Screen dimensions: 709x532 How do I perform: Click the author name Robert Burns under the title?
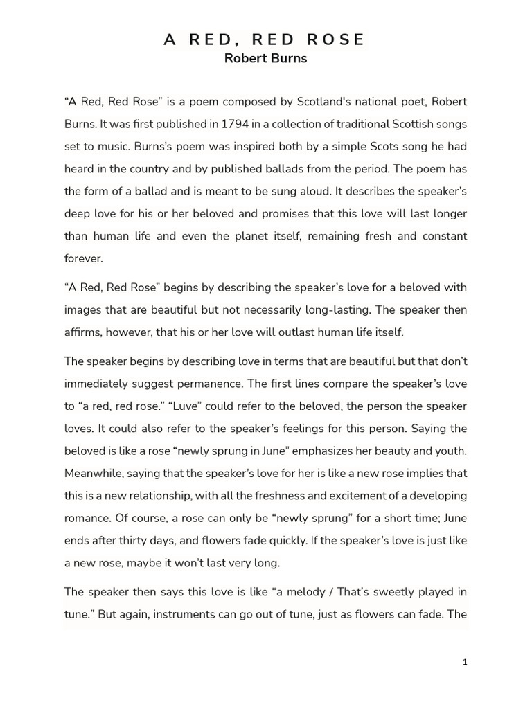pyautogui.click(x=265, y=58)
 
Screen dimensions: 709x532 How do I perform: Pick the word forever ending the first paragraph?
pyautogui.click(x=83, y=258)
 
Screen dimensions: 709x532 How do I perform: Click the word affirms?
pyautogui.click(x=84, y=332)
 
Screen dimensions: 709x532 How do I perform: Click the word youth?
pyautogui.click(x=450, y=451)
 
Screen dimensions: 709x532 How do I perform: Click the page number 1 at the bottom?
pyautogui.click(x=465, y=662)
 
